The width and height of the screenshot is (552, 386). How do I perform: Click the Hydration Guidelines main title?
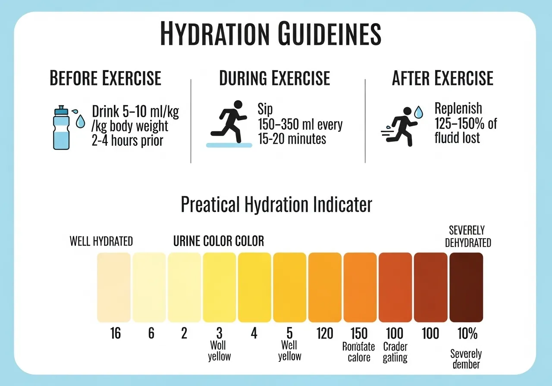point(270,34)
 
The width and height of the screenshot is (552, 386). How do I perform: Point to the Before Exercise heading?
point(106,79)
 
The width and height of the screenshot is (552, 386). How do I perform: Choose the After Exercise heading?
point(442,79)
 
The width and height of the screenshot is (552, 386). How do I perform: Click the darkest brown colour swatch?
point(466,287)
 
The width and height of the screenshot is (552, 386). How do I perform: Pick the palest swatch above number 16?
point(114,287)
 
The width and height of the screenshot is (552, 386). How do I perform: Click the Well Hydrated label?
point(101,241)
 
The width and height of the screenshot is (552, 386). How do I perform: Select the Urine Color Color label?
point(218,241)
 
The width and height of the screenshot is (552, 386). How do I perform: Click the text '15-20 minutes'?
point(292,139)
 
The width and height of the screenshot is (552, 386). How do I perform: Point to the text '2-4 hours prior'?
point(128,140)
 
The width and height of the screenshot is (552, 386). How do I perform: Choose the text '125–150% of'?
point(466,124)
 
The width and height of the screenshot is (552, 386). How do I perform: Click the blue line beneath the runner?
point(229,146)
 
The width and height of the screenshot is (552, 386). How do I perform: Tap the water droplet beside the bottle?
point(80,122)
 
